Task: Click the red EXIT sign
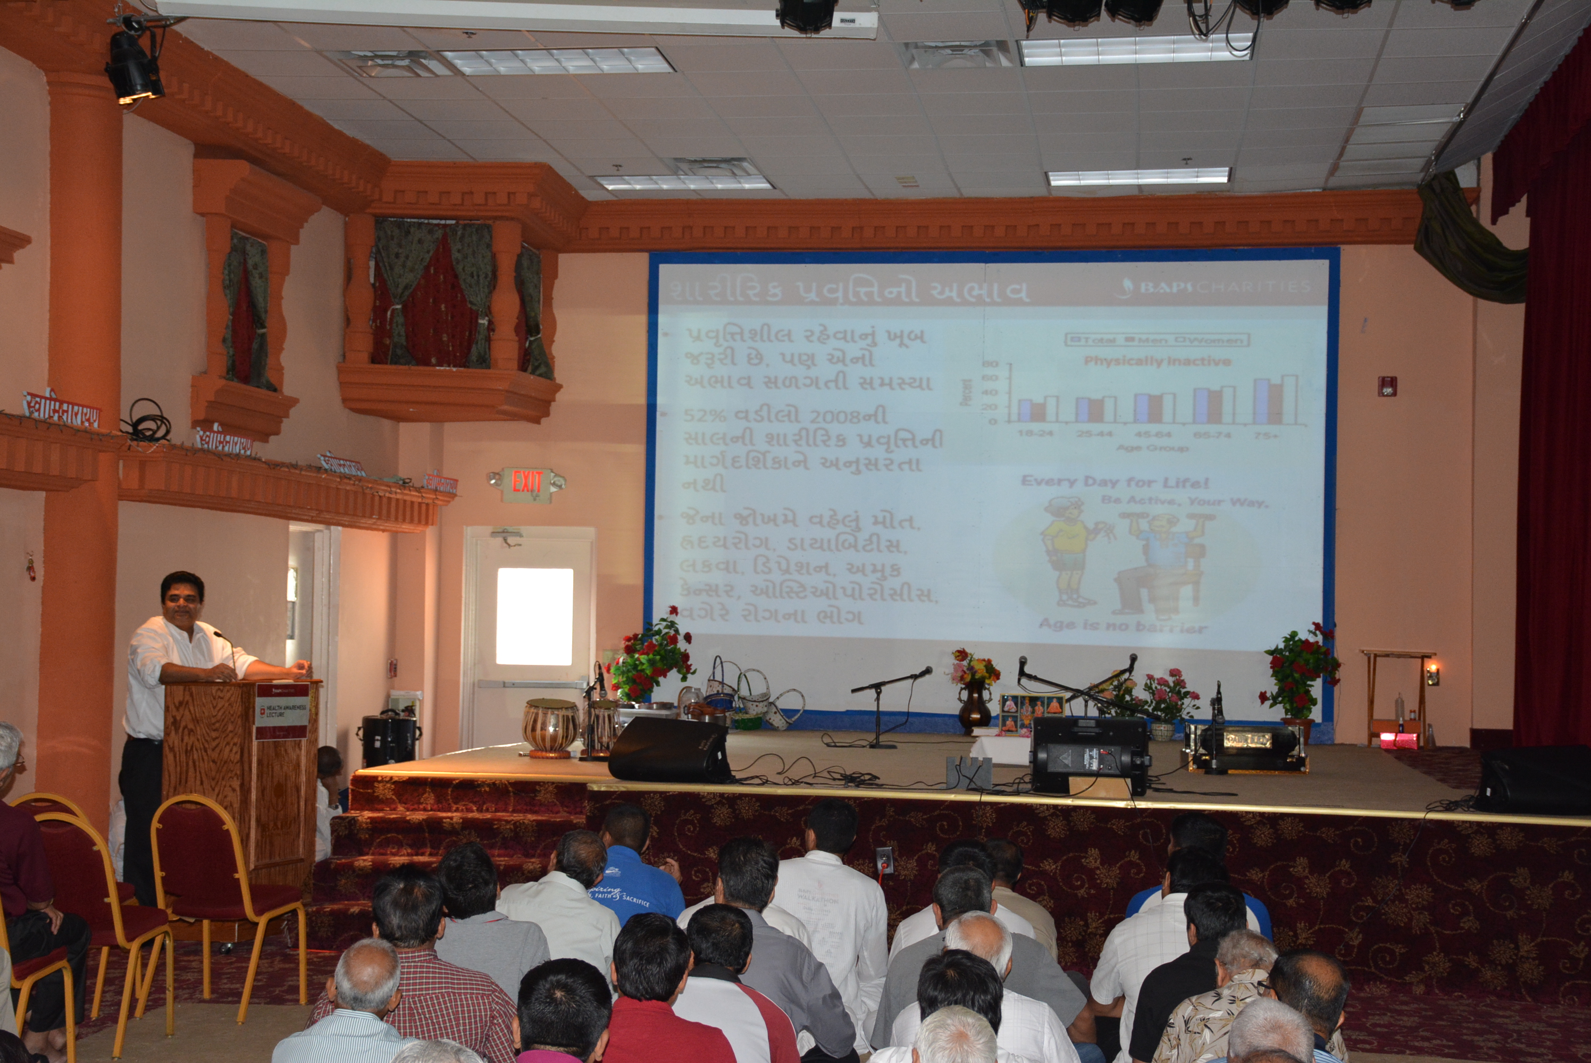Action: coord(527,483)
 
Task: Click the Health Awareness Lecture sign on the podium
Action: coord(281,711)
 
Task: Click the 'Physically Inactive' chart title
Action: coord(1157,361)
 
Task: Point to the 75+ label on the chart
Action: coord(1266,435)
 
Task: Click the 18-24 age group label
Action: coord(1035,433)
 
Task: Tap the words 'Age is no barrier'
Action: coord(1123,626)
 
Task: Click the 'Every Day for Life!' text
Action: coord(1114,482)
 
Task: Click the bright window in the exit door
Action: coord(534,616)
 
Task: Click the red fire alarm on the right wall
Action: coord(1386,386)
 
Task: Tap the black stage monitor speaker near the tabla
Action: coord(669,750)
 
